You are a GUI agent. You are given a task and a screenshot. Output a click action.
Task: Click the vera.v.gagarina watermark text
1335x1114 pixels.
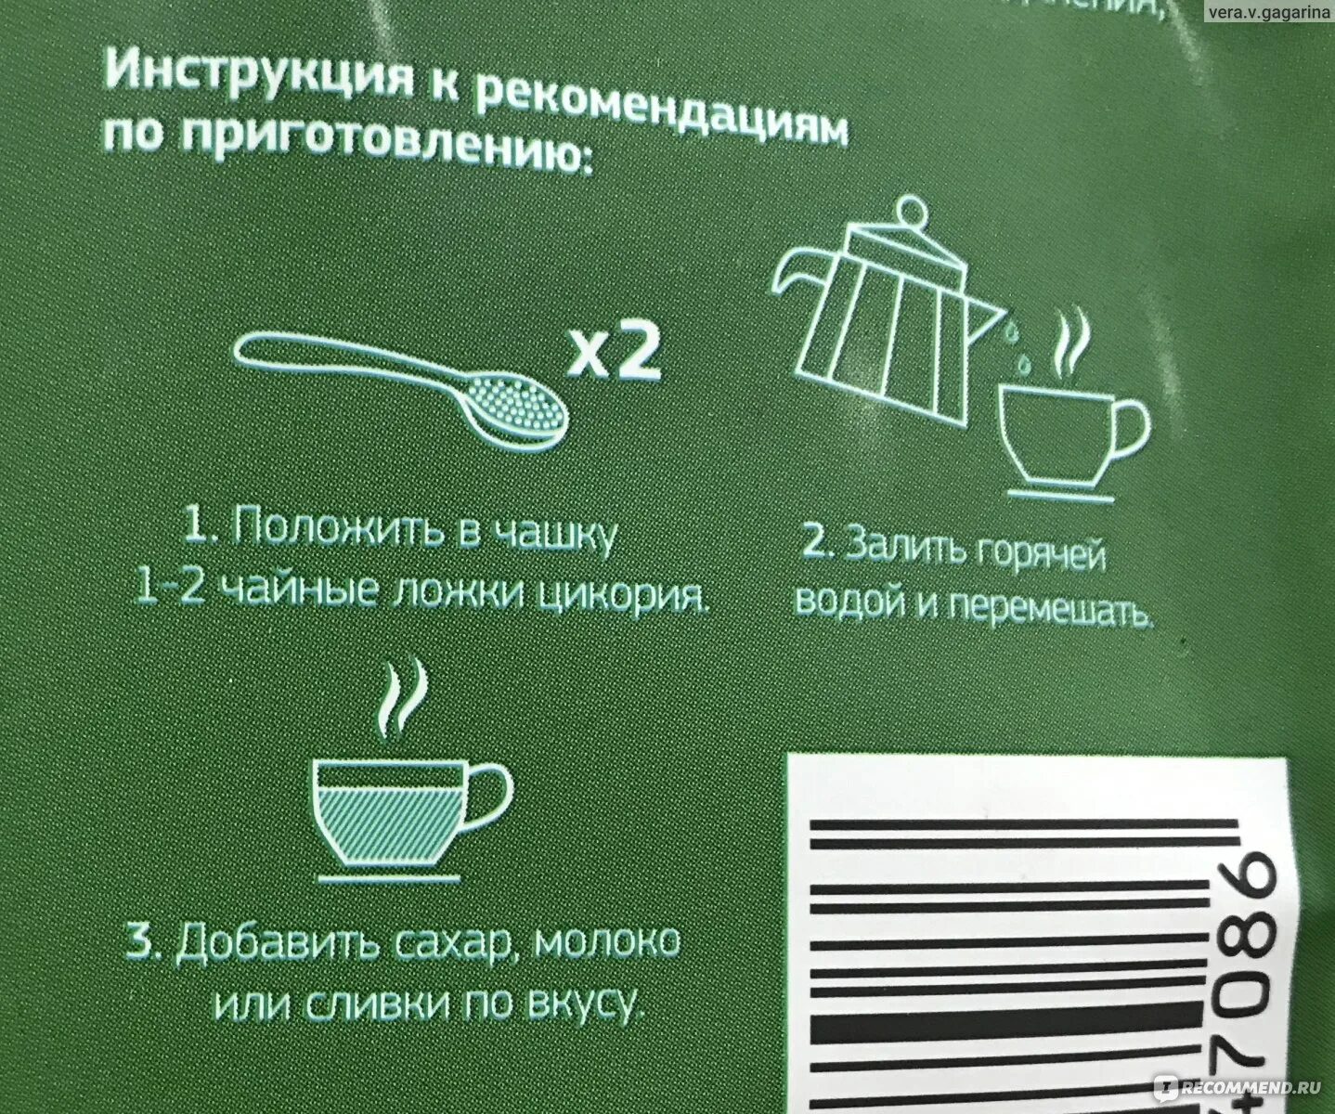(x=1268, y=14)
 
